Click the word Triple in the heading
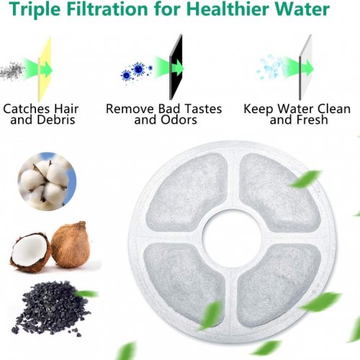[35, 9]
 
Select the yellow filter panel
[45, 69]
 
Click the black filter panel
[176, 67]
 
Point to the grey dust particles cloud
[12, 71]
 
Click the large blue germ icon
[139, 69]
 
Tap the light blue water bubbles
[271, 67]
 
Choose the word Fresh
[312, 120]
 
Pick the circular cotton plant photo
[47, 181]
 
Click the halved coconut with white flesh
[30, 252]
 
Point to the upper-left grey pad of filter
[186, 192]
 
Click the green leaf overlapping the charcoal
[86, 294]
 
